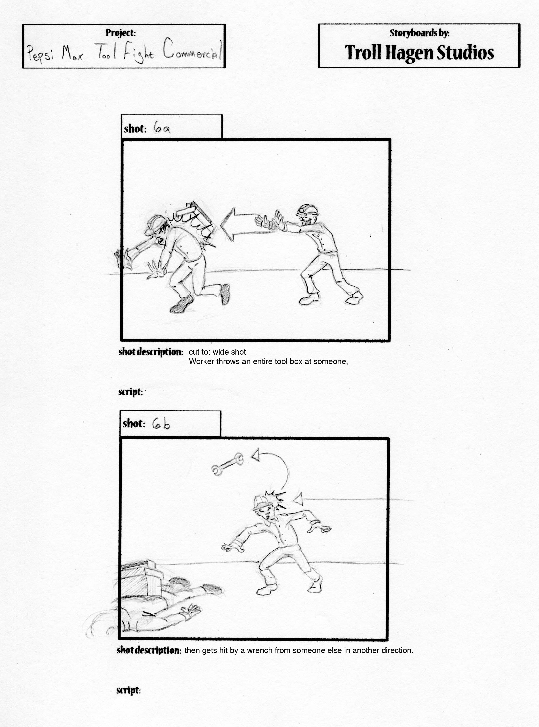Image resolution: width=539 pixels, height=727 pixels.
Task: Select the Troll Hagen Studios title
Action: coord(419,52)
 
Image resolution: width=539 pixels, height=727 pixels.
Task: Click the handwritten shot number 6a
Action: coord(162,129)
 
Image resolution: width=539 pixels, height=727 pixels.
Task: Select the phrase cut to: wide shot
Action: coord(217,352)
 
